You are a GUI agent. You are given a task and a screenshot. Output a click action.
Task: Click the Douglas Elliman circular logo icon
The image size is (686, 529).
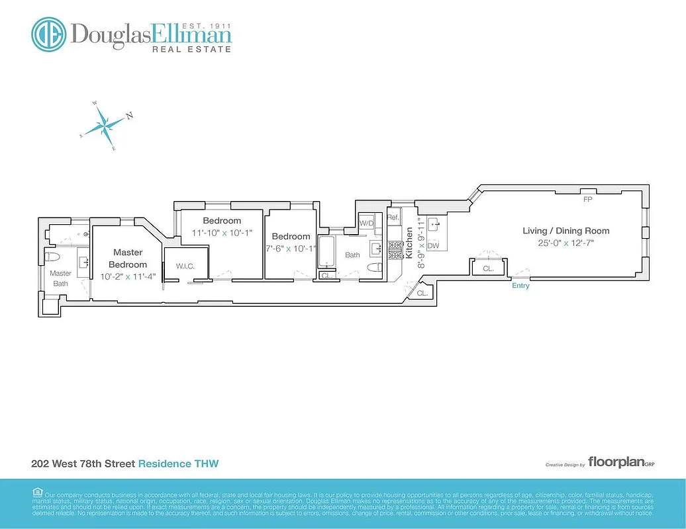tap(49, 34)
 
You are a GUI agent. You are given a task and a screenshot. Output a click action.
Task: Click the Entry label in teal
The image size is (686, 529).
tap(520, 286)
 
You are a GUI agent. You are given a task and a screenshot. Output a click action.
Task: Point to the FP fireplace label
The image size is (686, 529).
tap(587, 199)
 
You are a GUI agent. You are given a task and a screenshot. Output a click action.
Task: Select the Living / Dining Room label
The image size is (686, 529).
tap(565, 231)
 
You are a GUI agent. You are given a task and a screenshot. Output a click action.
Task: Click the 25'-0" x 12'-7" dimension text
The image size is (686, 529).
tap(565, 243)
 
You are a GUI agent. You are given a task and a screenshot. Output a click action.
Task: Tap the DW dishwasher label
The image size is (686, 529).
tap(434, 246)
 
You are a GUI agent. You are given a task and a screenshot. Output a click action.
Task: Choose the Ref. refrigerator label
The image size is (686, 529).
tap(393, 218)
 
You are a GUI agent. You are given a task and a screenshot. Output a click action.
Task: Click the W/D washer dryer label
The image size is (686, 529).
tap(367, 224)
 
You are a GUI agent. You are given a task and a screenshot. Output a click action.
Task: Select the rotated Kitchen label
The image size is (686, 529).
tap(410, 242)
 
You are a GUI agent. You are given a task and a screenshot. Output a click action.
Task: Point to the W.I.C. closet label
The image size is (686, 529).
tap(185, 266)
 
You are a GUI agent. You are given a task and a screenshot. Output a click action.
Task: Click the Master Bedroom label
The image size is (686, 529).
tap(128, 258)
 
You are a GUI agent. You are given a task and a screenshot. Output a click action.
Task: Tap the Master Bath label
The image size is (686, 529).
tap(61, 278)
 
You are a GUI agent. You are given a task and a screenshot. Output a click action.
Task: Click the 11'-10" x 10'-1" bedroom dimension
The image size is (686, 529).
tap(222, 233)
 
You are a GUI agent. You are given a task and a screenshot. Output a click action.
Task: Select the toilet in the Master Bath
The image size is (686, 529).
tap(53, 257)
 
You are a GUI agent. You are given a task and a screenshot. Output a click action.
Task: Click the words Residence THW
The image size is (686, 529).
tap(178, 464)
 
